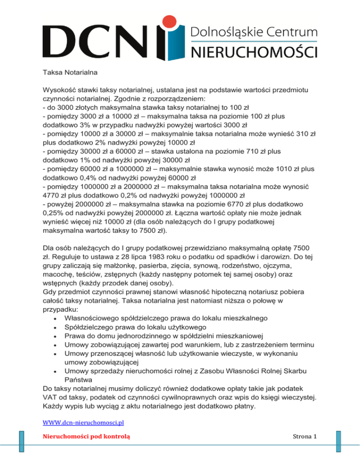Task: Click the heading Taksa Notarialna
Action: click(x=62, y=73)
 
